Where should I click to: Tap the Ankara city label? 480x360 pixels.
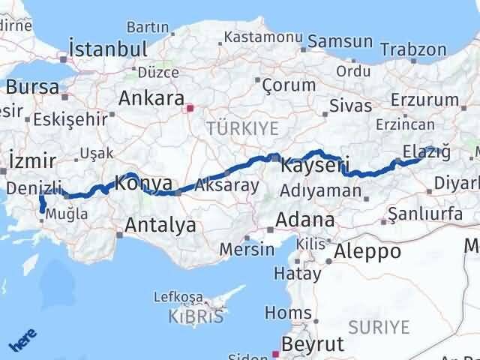[x=151, y=99]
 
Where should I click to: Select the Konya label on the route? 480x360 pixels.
[x=142, y=182]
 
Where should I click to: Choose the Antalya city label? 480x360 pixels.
[x=160, y=224]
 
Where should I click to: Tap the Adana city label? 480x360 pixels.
[x=305, y=220]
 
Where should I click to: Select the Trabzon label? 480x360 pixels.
[x=412, y=49]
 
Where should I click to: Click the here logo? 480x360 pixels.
[x=22, y=340]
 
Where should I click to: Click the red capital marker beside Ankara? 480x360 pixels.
[x=190, y=108]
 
